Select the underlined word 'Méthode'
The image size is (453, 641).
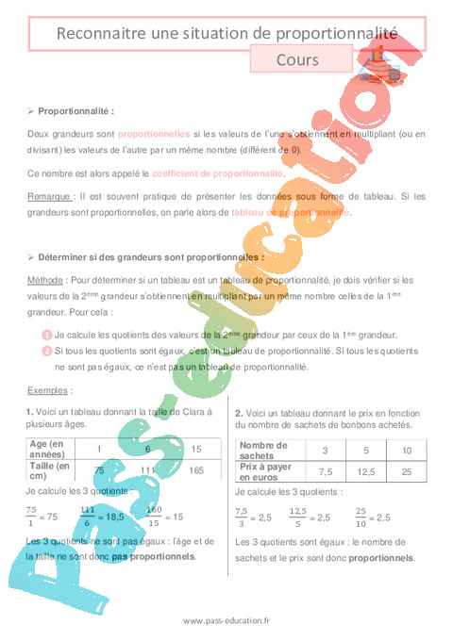tap(48, 280)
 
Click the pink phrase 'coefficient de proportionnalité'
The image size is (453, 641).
tap(217, 173)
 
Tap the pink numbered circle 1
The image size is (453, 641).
tap(46, 335)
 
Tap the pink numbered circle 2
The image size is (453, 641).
tap(46, 350)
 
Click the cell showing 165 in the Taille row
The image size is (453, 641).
tap(196, 469)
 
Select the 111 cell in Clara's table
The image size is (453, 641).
tap(147, 469)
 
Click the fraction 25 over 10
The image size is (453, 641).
tap(361, 517)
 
